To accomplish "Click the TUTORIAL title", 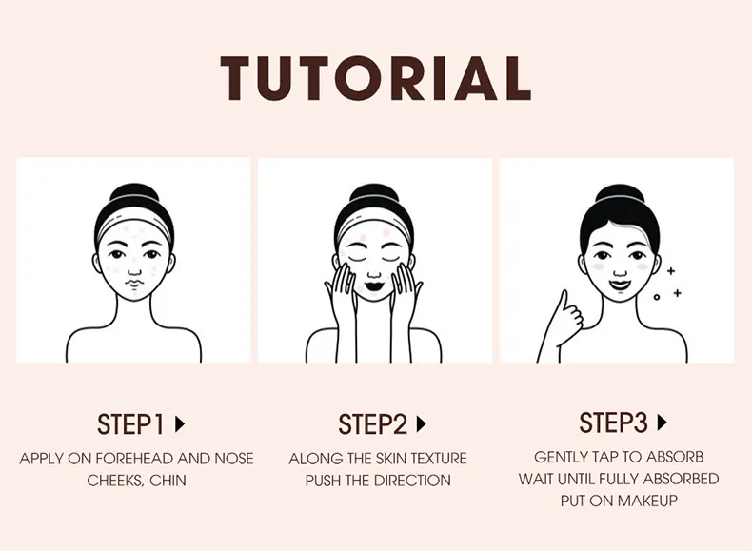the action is pyautogui.click(x=375, y=78).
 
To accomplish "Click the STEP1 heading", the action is pyautogui.click(x=131, y=424).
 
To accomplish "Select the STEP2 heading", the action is pyautogui.click(x=372, y=424).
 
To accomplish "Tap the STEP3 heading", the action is pyautogui.click(x=613, y=423).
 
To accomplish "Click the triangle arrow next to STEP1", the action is pyautogui.click(x=180, y=424).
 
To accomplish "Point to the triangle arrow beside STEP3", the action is pyautogui.click(x=663, y=423).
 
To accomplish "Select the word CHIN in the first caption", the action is pyautogui.click(x=168, y=481).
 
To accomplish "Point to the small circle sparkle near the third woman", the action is pyautogui.click(x=657, y=297).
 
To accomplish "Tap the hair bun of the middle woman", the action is pyautogui.click(x=374, y=193).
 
